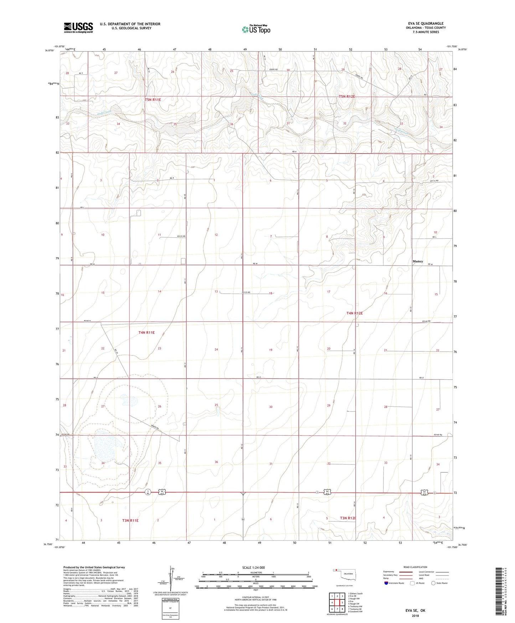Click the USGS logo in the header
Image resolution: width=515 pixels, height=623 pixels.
(78, 27)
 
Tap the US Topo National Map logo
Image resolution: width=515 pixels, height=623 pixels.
(256, 29)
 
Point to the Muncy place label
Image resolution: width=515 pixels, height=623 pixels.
(418, 261)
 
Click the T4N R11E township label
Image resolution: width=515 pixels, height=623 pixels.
(146, 332)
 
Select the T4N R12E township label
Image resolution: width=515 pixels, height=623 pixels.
(354, 313)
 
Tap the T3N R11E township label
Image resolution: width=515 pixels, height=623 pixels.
(130, 520)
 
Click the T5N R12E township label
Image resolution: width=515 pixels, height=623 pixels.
(346, 97)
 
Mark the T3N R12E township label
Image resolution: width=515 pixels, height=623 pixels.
(348, 518)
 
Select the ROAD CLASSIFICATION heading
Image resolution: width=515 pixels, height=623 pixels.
(415, 567)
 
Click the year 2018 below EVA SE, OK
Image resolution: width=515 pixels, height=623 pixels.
(415, 616)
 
